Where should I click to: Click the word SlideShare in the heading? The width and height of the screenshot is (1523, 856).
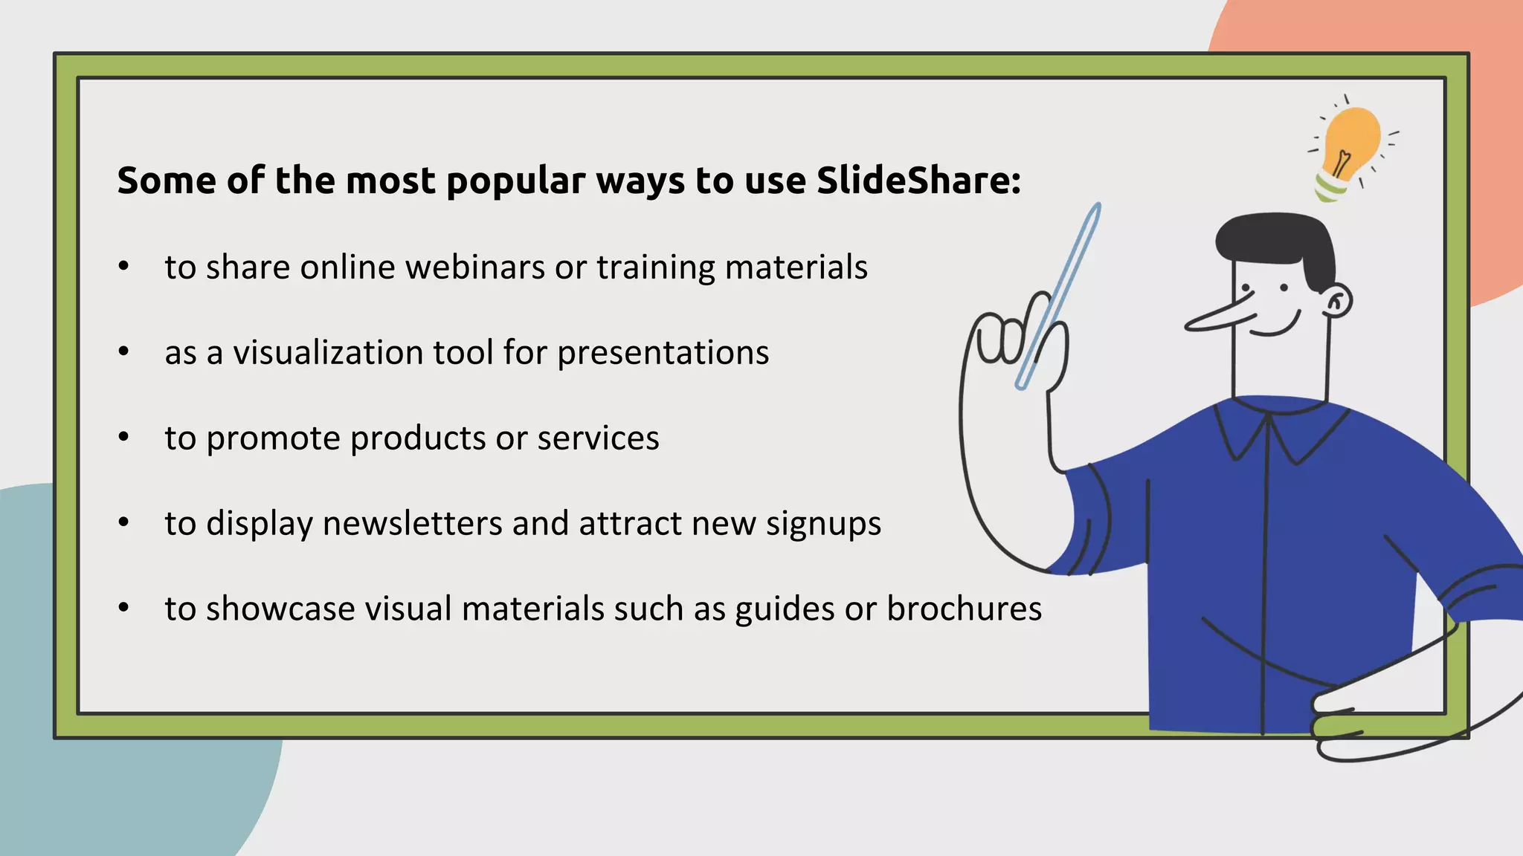coord(918,181)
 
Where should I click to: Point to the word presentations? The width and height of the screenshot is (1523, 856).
coord(663,354)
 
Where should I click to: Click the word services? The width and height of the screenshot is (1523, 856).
coord(598,438)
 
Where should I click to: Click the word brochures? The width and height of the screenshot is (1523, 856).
coord(964,609)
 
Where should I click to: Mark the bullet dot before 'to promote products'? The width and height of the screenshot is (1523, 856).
coord(124,438)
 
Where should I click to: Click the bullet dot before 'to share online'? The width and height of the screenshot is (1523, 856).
coord(124,267)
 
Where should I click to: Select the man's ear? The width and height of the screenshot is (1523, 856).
coord(1337,302)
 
